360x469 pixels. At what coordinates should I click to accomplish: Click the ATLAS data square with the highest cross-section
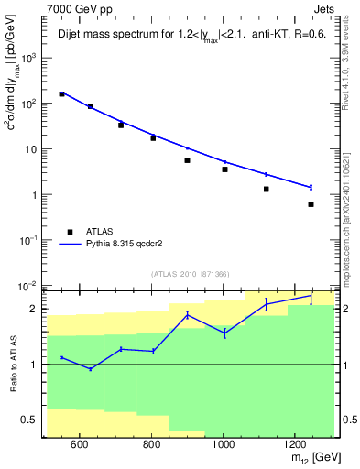pyautogui.click(x=62, y=93)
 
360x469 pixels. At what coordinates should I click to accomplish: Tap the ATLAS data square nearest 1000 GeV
pyautogui.click(x=224, y=169)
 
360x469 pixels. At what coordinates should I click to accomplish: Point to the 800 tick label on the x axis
pyautogui.click(x=151, y=445)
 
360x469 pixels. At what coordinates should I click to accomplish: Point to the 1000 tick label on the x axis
pyautogui.click(x=223, y=445)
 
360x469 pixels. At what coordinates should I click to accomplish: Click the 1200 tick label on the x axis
pyautogui.click(x=294, y=445)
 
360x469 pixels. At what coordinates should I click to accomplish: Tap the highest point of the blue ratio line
pyautogui.click(x=311, y=297)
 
